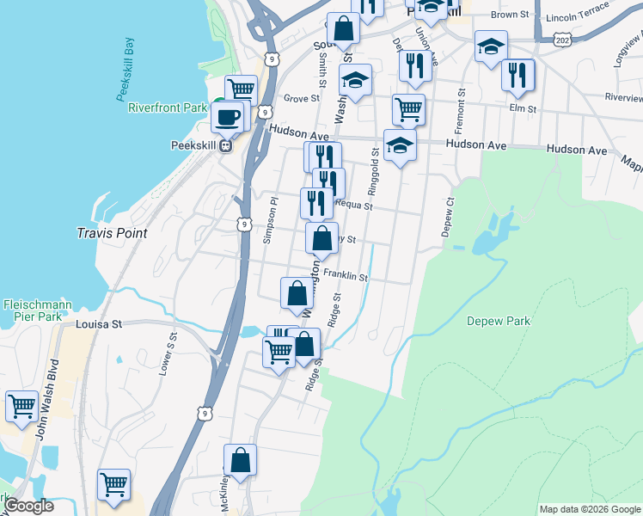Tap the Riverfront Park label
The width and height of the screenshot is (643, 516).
[168, 108]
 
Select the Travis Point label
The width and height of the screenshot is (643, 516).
[112, 233]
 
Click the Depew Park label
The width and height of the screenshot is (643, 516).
[499, 322]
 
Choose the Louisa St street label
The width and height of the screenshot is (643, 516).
[100, 325]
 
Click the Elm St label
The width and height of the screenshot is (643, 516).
[522, 109]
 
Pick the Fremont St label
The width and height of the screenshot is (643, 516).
[462, 109]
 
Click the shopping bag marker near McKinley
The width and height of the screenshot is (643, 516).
[241, 460]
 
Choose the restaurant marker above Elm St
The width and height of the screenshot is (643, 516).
[517, 74]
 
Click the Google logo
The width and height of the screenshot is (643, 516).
[29, 507]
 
